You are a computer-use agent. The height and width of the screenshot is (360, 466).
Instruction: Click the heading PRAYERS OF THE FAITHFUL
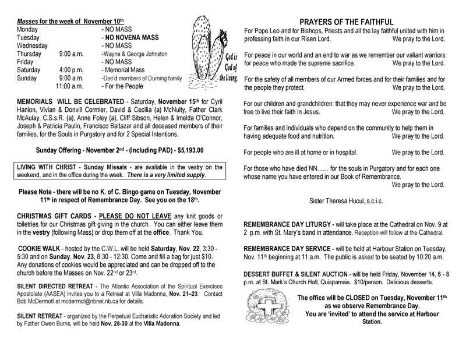(345, 20)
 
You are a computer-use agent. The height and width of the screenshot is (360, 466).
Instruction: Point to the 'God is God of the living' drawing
(213, 56)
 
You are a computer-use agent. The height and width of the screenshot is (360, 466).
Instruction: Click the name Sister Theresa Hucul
(344, 200)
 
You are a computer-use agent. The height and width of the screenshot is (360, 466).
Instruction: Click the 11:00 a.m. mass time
(70, 86)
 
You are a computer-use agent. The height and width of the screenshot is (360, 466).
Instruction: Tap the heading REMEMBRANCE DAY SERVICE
(285, 248)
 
